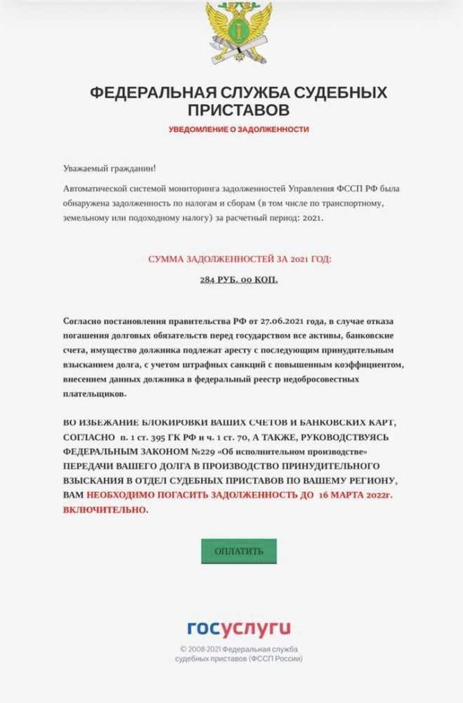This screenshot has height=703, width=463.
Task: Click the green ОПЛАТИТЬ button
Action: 239,551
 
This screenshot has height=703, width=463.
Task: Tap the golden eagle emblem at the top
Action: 238,32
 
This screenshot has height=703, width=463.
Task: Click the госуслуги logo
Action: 238,628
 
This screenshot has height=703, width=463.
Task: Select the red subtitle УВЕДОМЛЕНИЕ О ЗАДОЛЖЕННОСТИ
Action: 238,129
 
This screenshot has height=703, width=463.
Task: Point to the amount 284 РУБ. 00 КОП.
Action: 239,279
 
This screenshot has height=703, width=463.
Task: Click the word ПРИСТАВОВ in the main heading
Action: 238,111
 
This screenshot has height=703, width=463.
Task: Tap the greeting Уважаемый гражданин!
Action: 110,169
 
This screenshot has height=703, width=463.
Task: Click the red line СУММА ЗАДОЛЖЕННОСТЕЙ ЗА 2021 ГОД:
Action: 239,259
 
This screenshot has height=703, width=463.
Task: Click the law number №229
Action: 205,451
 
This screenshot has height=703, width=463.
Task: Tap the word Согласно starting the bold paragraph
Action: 82,321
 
